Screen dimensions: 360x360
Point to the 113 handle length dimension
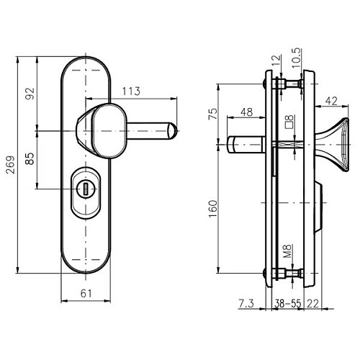130,91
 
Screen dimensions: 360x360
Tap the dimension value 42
332,100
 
